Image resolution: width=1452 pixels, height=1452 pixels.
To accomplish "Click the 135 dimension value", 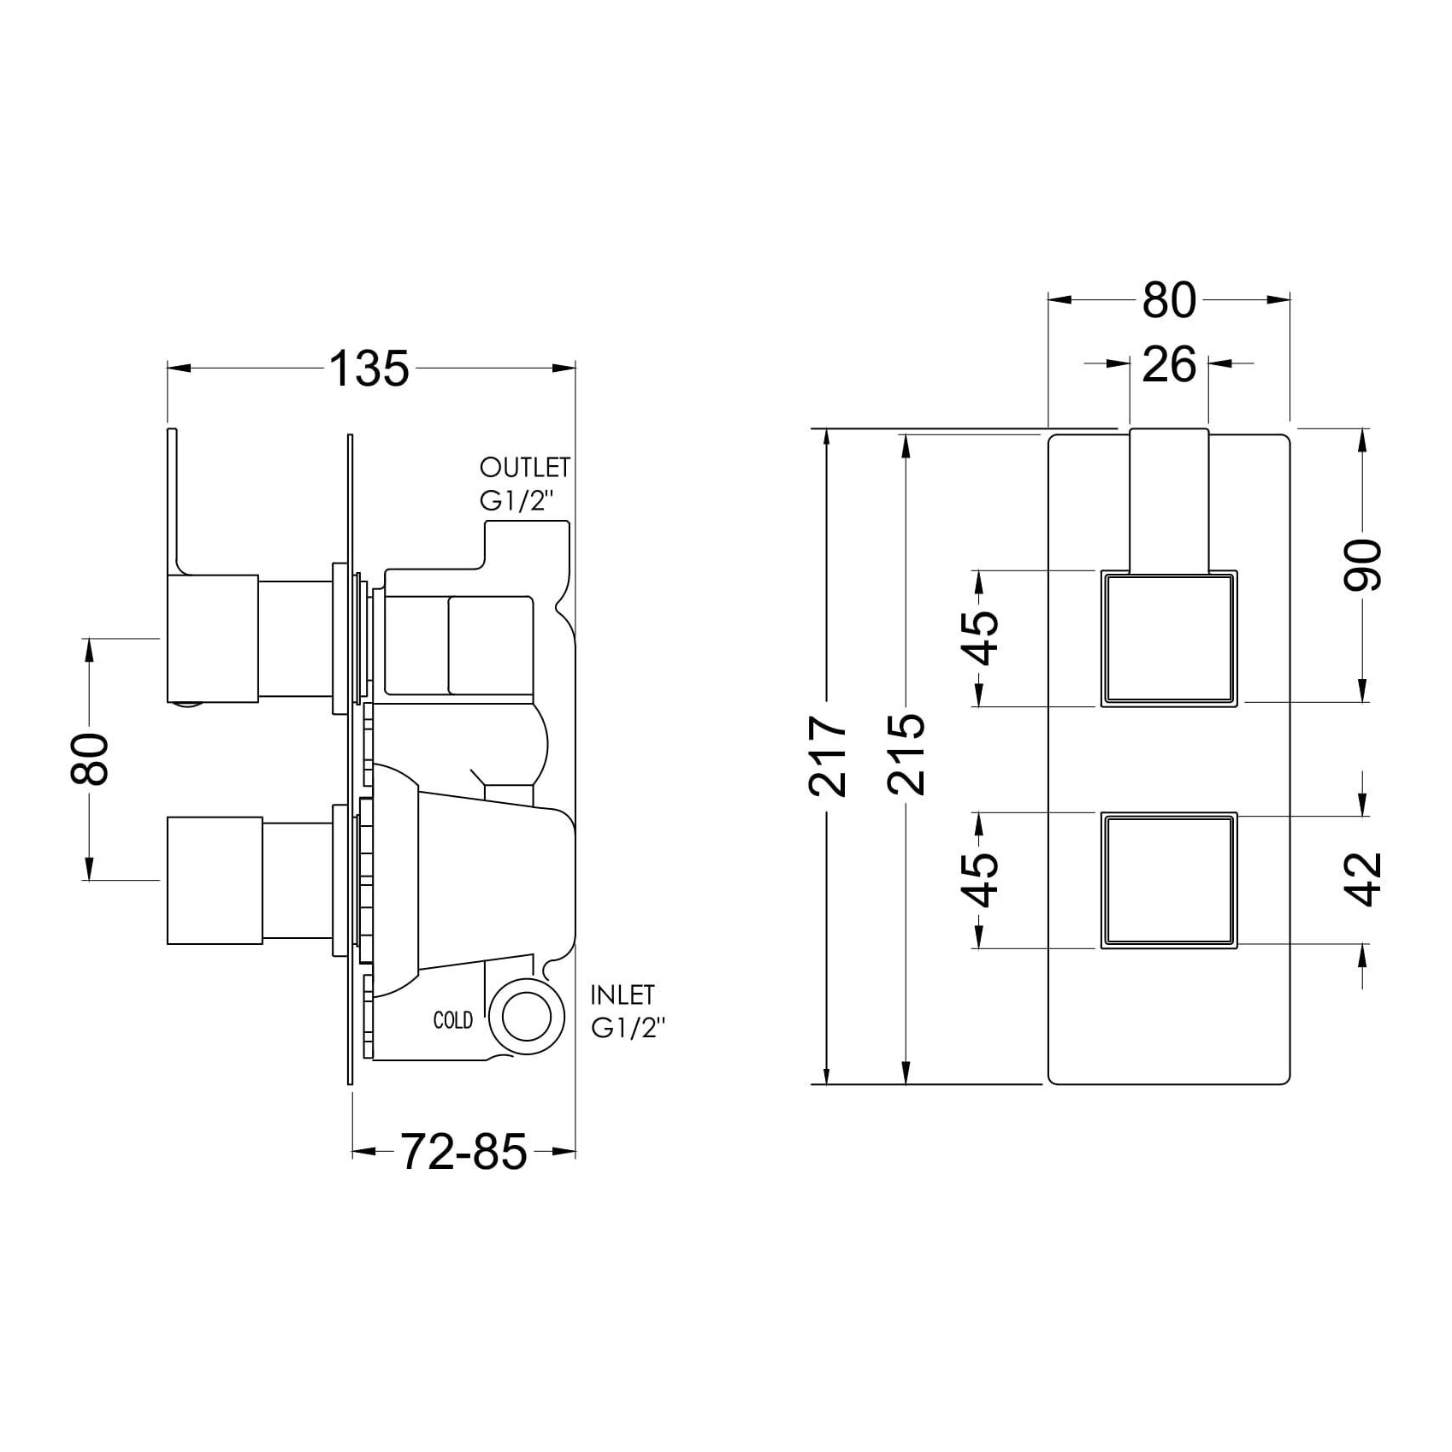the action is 369,369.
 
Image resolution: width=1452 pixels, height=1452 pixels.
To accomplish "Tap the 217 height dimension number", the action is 828,757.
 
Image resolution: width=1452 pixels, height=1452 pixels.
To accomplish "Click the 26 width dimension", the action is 1169,365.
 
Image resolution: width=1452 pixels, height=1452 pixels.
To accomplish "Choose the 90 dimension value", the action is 1362,565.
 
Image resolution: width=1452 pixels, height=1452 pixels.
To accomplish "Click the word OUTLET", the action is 525,468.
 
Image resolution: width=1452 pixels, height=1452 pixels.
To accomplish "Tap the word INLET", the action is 623,995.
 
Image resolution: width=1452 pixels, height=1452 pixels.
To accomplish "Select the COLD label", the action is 453,1020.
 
